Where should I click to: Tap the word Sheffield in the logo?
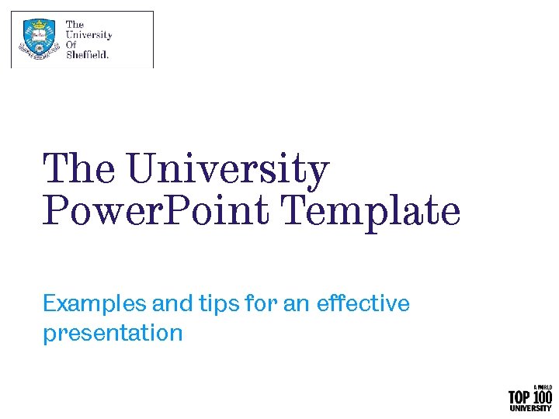[x=87, y=54]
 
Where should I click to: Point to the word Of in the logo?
[x=71, y=45]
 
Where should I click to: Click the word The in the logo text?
[x=75, y=25]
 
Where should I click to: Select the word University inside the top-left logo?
[x=89, y=35]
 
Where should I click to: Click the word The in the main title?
[x=78, y=169]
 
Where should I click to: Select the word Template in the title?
[x=370, y=212]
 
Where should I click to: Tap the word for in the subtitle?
[x=260, y=303]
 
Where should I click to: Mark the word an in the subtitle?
[x=296, y=303]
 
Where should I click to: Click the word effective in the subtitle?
[x=363, y=303]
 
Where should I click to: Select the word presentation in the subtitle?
[x=113, y=334]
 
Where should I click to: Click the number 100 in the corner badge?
[x=541, y=397]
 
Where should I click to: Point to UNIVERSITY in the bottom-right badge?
[x=530, y=408]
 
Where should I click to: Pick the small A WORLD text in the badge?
[x=542, y=387]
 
